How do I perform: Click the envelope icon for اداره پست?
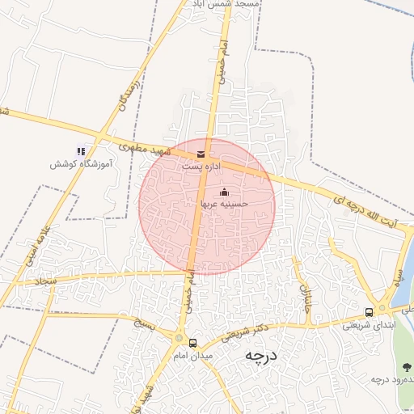click(x=201, y=153)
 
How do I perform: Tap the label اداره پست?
click(x=200, y=165)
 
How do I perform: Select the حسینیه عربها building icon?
click(x=224, y=192)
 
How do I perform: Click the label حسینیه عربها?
click(x=224, y=205)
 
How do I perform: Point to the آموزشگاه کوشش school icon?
click(x=80, y=150)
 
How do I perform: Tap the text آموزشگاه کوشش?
click(x=80, y=163)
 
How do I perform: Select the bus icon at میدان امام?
click(x=192, y=343)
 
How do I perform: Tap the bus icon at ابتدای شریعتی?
click(x=369, y=312)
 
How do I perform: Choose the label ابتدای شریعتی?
click(x=368, y=325)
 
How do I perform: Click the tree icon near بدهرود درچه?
click(x=406, y=366)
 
